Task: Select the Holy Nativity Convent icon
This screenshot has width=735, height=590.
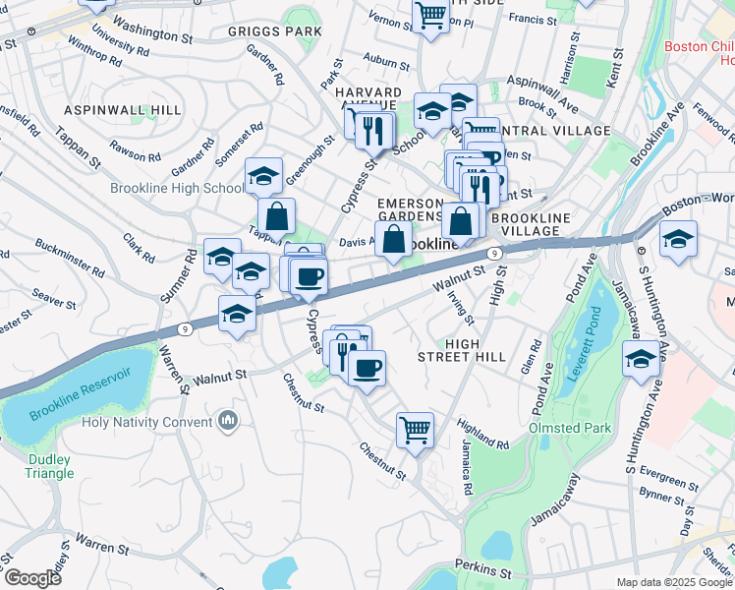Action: [229, 421]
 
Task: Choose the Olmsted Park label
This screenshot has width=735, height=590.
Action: [570, 428]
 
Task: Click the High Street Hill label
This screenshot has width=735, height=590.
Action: [461, 349]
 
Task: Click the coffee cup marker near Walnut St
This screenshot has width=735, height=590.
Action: [367, 368]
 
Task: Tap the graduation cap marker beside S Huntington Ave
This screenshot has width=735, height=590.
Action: [642, 360]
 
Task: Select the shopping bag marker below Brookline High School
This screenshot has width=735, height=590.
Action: [277, 215]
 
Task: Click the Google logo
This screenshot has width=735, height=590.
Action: [31, 578]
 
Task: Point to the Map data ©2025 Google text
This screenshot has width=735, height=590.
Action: [674, 582]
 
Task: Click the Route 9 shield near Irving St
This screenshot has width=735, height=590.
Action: [495, 254]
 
